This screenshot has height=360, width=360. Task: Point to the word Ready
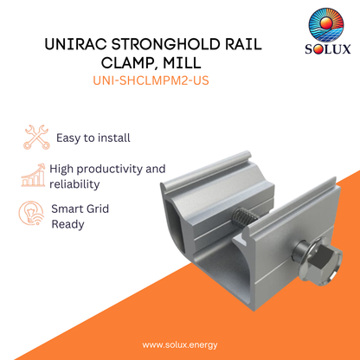click(x=68, y=223)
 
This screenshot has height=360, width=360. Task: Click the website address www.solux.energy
click(x=179, y=344)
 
